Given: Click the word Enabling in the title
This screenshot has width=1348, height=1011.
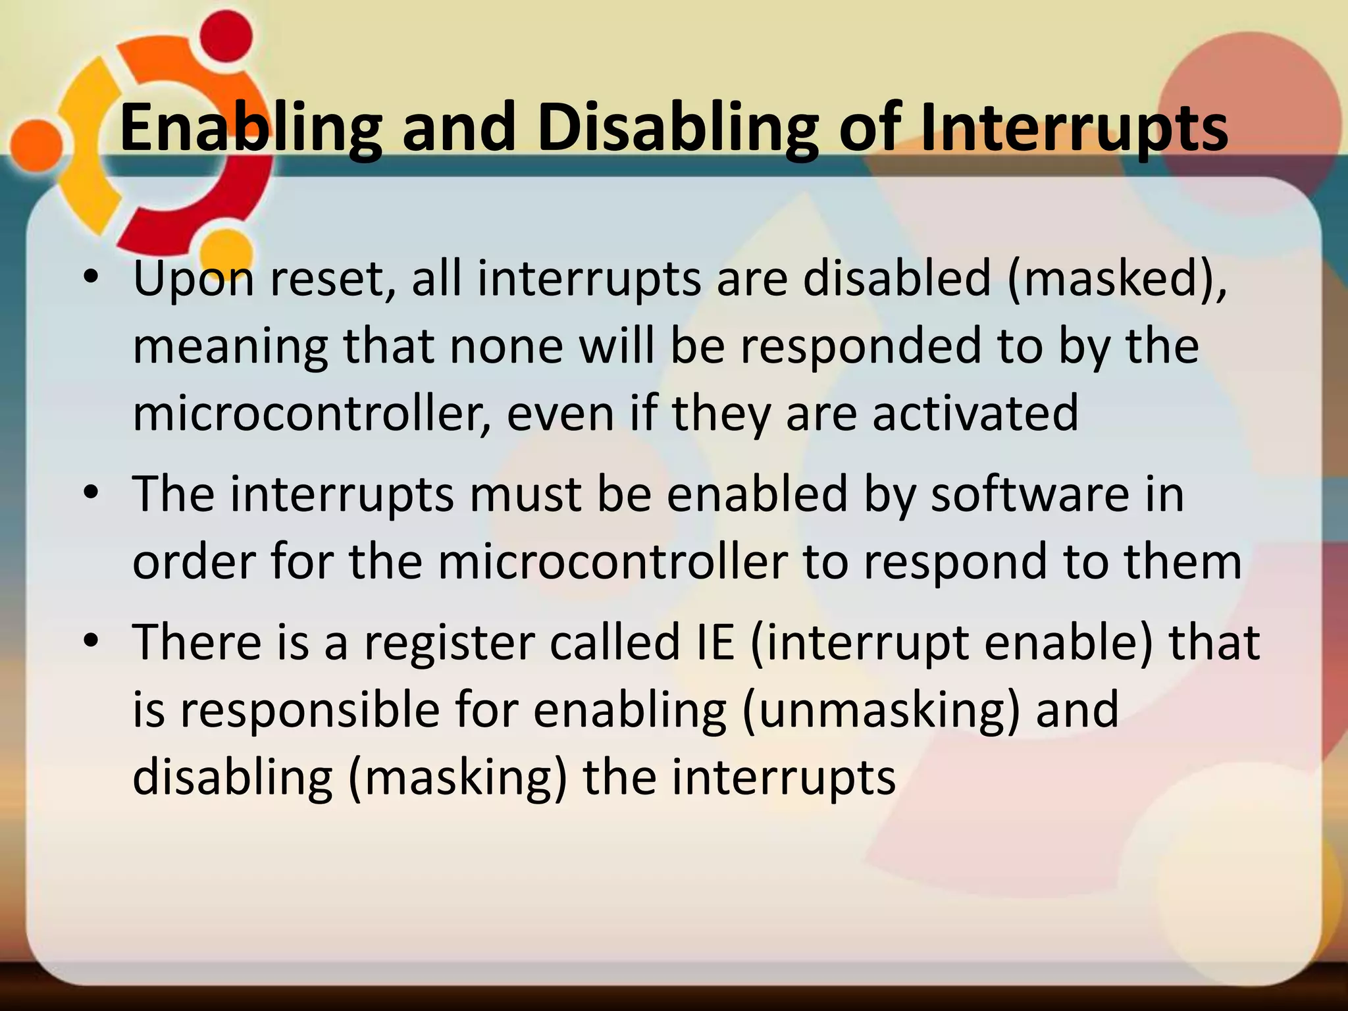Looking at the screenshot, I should tap(250, 128).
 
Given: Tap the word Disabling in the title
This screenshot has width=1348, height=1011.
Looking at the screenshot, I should tap(678, 128).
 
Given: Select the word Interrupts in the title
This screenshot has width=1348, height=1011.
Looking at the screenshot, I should tap(1073, 128).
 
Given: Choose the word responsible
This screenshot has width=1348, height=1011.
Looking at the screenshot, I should tap(309, 710).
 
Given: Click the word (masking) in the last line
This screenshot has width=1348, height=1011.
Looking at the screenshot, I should tap(457, 778).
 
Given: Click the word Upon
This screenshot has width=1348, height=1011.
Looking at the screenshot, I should tap(194, 279).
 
